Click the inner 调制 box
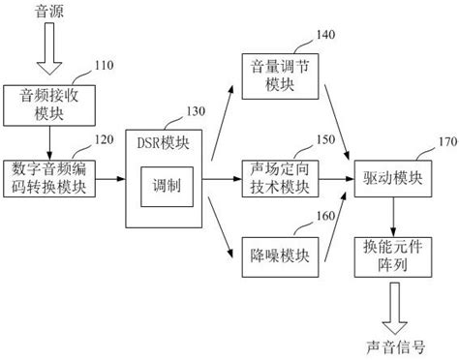[x=160, y=185]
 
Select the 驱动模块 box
[x=392, y=180]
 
